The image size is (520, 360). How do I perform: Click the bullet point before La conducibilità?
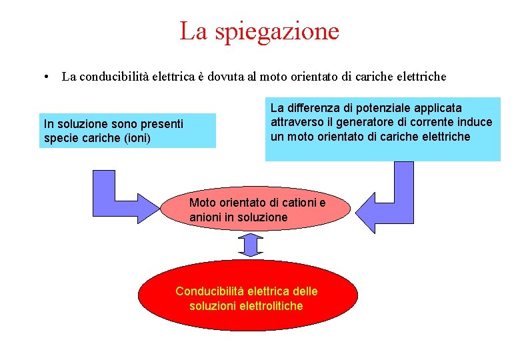click(x=43, y=77)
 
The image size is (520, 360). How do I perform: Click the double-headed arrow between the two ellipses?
click(x=251, y=245)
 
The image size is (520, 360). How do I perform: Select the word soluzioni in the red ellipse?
click(x=212, y=306)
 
